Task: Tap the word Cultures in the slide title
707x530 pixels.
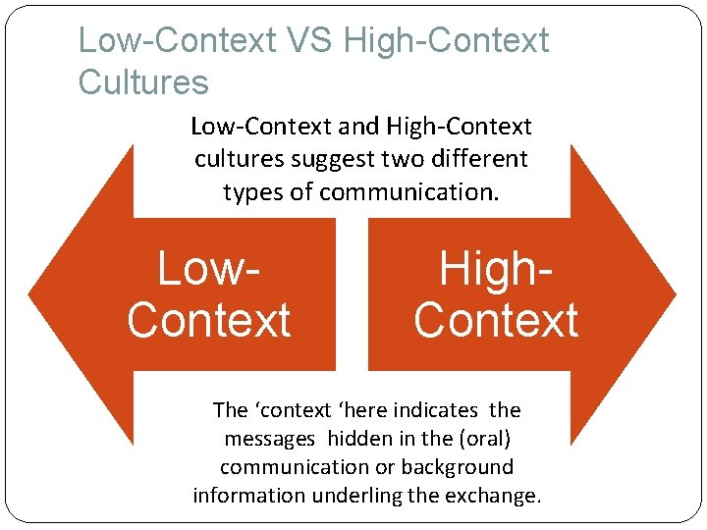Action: click(143, 82)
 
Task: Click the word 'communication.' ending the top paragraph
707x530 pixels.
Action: click(409, 191)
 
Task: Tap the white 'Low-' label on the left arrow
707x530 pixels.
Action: click(210, 268)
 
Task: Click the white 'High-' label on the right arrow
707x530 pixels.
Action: click(496, 268)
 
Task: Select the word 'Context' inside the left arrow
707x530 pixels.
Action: click(210, 320)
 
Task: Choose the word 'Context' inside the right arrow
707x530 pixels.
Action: click(496, 320)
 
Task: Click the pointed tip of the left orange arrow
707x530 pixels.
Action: click(30, 293)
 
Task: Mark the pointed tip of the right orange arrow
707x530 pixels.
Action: click(675, 293)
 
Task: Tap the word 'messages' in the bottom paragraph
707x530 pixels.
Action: click(270, 439)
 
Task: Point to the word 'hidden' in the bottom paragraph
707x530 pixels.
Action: click(360, 439)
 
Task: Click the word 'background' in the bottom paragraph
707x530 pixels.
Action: click(455, 467)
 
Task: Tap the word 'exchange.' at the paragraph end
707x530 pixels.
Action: click(492, 496)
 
